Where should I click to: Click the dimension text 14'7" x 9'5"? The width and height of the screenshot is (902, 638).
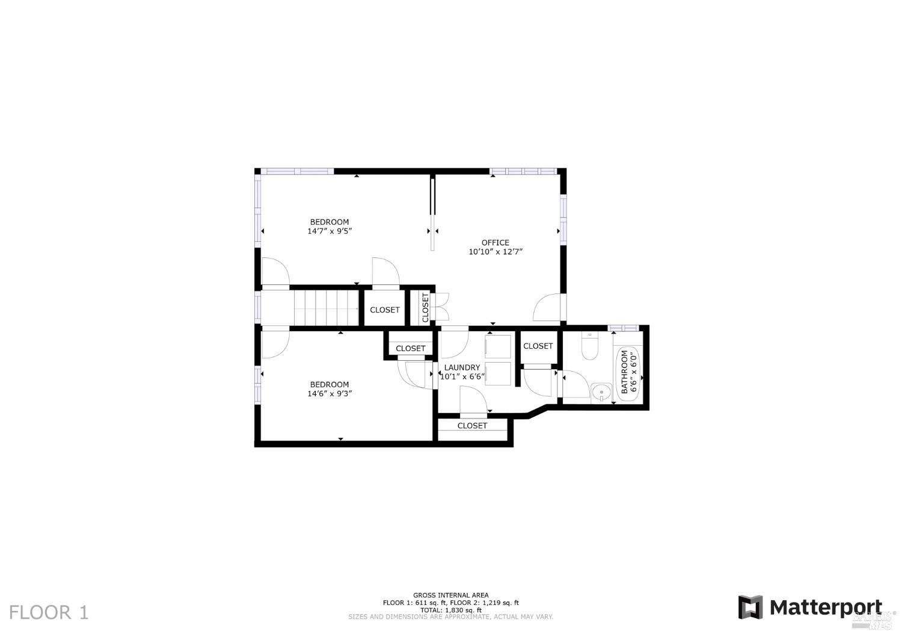329,231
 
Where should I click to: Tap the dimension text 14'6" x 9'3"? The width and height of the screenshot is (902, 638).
329,394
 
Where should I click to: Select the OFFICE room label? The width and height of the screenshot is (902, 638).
495,243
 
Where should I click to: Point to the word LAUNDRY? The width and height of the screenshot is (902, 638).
462,367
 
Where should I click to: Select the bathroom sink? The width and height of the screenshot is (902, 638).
600,393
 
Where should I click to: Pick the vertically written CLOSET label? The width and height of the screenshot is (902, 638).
425,307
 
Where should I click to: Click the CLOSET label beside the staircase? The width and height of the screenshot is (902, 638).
384,310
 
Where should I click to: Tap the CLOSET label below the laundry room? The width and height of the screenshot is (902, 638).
472,426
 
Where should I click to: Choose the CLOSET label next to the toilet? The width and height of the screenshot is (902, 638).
538,346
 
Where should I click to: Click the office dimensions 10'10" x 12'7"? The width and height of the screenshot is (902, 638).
495,252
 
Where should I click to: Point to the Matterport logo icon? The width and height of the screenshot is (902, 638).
750,607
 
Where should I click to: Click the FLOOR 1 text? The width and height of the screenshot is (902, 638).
49,613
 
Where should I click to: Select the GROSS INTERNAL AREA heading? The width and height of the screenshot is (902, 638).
450,595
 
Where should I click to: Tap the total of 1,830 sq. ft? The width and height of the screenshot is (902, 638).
450,610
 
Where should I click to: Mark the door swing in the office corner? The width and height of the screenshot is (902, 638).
547,308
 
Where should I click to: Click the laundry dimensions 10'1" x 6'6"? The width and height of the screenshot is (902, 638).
462,377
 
